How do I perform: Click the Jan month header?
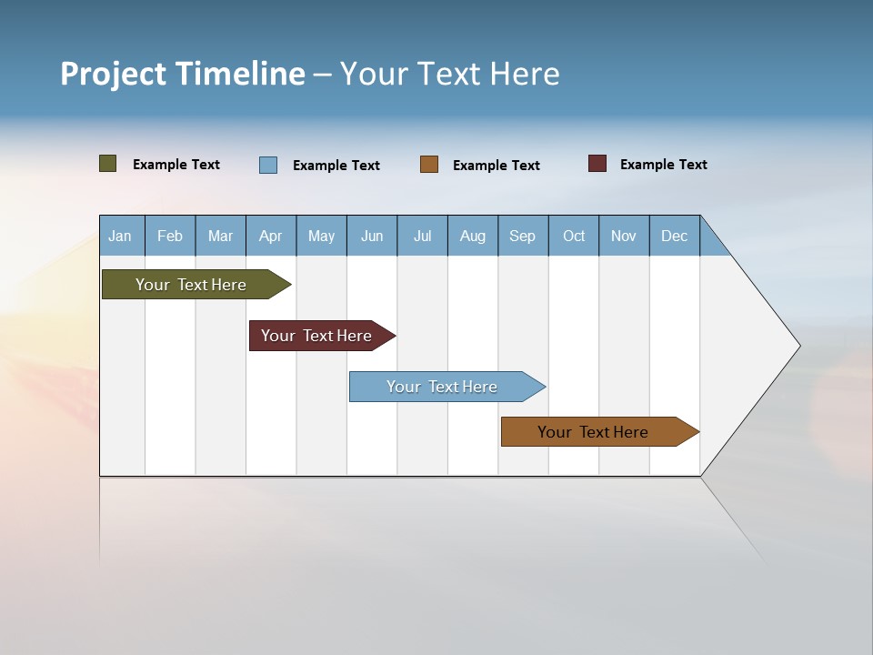click(x=120, y=236)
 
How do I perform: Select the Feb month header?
click(x=170, y=236)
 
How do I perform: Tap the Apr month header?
click(x=270, y=236)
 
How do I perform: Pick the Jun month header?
click(x=372, y=236)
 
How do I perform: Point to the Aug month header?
click(x=473, y=236)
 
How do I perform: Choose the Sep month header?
click(x=522, y=236)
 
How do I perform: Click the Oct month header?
click(x=574, y=236)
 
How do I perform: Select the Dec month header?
click(x=674, y=236)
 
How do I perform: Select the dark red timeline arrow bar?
click(x=318, y=336)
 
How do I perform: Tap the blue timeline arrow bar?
click(x=444, y=387)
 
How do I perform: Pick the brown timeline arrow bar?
click(x=596, y=432)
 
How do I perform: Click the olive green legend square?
click(x=108, y=164)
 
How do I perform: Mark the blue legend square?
click(x=268, y=165)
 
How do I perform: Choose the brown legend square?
click(x=429, y=165)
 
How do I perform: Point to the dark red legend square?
click(x=597, y=164)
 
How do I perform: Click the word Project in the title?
click(x=114, y=74)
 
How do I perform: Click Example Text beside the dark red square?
click(x=663, y=165)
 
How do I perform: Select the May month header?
click(x=321, y=236)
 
